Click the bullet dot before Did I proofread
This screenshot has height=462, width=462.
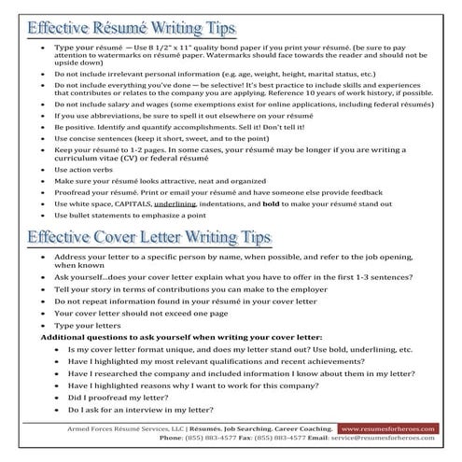click(58, 396)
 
